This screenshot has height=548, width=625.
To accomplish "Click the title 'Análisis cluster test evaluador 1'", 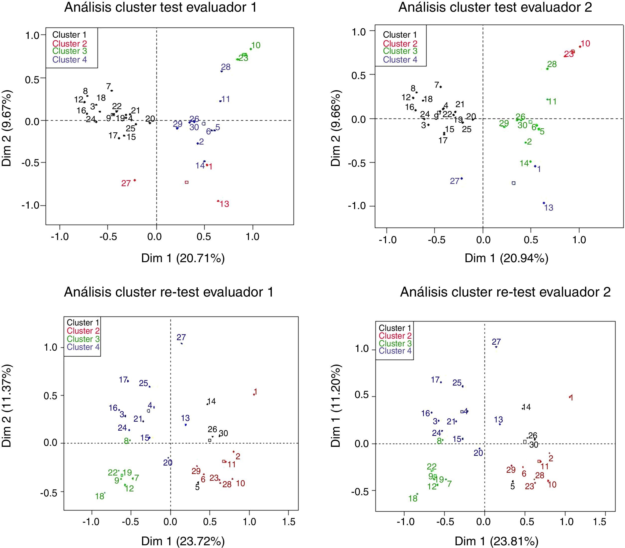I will pyautogui.click(x=160, y=7).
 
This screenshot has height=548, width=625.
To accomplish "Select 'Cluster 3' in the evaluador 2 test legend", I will pyautogui.click(x=400, y=51).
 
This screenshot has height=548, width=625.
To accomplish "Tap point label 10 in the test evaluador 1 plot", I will pyautogui.click(x=256, y=46).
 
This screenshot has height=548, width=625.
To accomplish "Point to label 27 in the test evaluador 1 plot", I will pyautogui.click(x=126, y=183).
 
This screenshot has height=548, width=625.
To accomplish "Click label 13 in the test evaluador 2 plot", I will pyautogui.click(x=548, y=208).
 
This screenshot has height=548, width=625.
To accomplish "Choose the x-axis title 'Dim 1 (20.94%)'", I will pyautogui.click(x=506, y=258).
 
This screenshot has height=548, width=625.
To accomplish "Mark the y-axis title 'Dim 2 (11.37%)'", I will pyautogui.click(x=7, y=406).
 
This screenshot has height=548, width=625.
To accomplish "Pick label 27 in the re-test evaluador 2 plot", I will pyautogui.click(x=496, y=342).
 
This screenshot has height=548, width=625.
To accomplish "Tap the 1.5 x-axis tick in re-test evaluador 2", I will pyautogui.click(x=599, y=522).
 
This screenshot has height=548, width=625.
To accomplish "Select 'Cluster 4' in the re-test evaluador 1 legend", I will pyautogui.click(x=83, y=347).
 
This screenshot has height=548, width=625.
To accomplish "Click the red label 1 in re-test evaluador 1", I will pyautogui.click(x=255, y=392).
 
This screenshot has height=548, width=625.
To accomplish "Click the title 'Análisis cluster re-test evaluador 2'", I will pyautogui.click(x=505, y=292).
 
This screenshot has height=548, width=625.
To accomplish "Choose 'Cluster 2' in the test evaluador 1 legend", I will pyautogui.click(x=70, y=43).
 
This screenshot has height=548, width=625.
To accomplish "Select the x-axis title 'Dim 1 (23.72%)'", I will pyautogui.click(x=183, y=541).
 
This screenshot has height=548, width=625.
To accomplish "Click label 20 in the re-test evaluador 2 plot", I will pyautogui.click(x=478, y=453).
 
